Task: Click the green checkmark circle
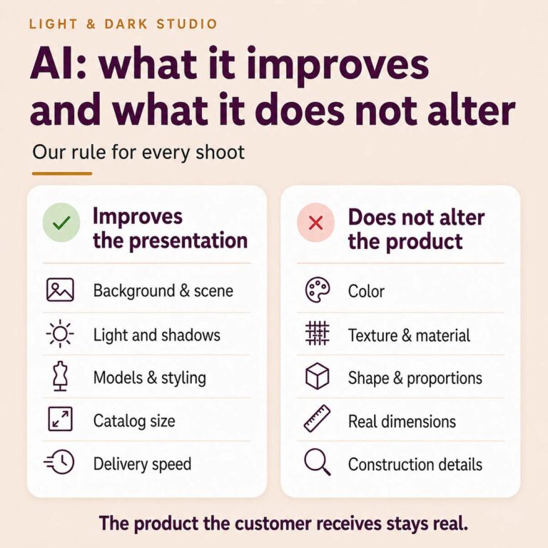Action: (61, 223)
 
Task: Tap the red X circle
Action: (315, 223)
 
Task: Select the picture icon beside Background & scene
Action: (60, 290)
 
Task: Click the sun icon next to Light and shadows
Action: (60, 334)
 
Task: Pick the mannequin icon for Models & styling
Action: (60, 376)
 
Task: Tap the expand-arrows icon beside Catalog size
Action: (60, 419)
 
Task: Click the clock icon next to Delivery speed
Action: (59, 462)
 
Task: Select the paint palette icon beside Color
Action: (318, 290)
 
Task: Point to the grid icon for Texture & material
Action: (318, 333)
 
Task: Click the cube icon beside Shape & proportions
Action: (317, 376)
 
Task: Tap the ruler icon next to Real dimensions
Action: (318, 419)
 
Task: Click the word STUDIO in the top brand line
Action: (187, 24)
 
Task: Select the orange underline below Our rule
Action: (62, 173)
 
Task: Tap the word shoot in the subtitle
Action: (220, 153)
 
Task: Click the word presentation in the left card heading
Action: (188, 241)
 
